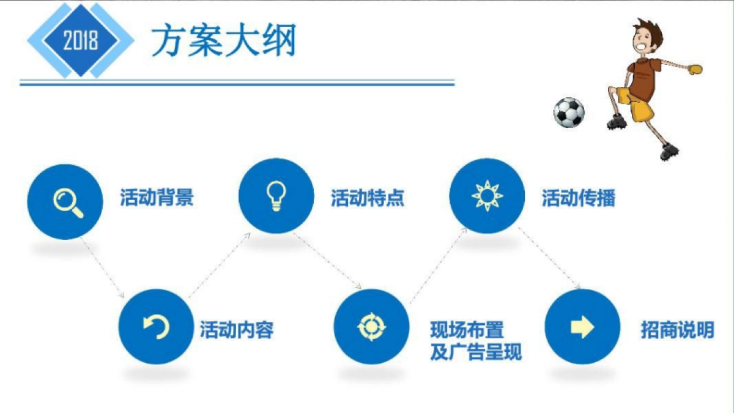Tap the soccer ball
click(x=569, y=113)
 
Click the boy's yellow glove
click(x=694, y=68)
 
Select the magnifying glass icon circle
click(x=65, y=201)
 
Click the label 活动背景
click(x=157, y=198)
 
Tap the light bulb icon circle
click(x=276, y=196)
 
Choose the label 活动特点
click(x=368, y=198)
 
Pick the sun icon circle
click(x=487, y=196)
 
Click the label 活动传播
click(x=578, y=198)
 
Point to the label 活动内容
click(x=237, y=330)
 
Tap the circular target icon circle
click(x=371, y=327)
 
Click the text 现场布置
click(x=467, y=330)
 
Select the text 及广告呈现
click(x=476, y=353)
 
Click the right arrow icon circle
click(x=582, y=327)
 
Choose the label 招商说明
click(x=677, y=330)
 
